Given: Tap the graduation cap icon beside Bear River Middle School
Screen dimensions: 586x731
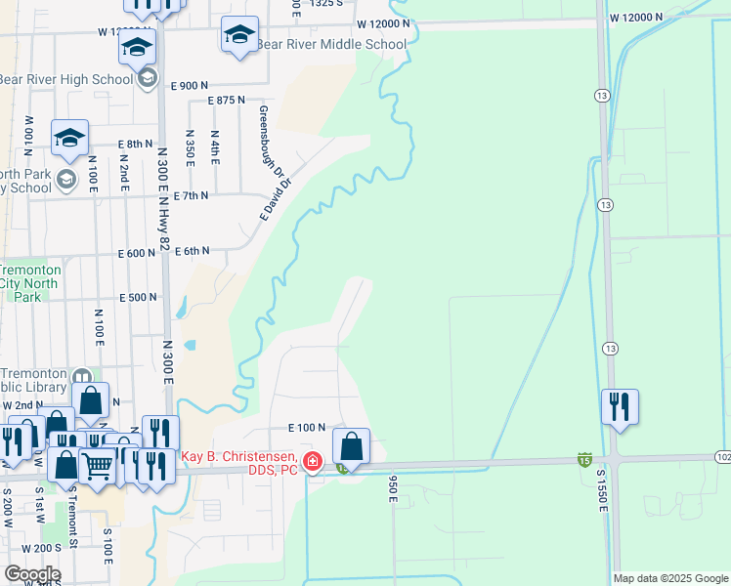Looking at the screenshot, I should click(239, 35).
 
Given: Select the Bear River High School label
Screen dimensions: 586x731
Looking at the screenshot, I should click(65, 79).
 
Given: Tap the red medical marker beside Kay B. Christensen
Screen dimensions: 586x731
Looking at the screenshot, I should click(312, 462).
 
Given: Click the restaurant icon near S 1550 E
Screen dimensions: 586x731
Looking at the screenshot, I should click(620, 407).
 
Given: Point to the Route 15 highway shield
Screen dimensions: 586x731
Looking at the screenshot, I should click(584, 459).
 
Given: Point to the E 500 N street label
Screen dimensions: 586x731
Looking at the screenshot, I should click(138, 298).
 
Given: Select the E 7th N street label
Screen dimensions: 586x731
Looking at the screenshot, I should click(192, 196).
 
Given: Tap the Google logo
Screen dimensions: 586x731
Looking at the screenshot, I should click(31, 574).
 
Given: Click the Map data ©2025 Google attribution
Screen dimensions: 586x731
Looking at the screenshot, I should click(670, 578).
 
